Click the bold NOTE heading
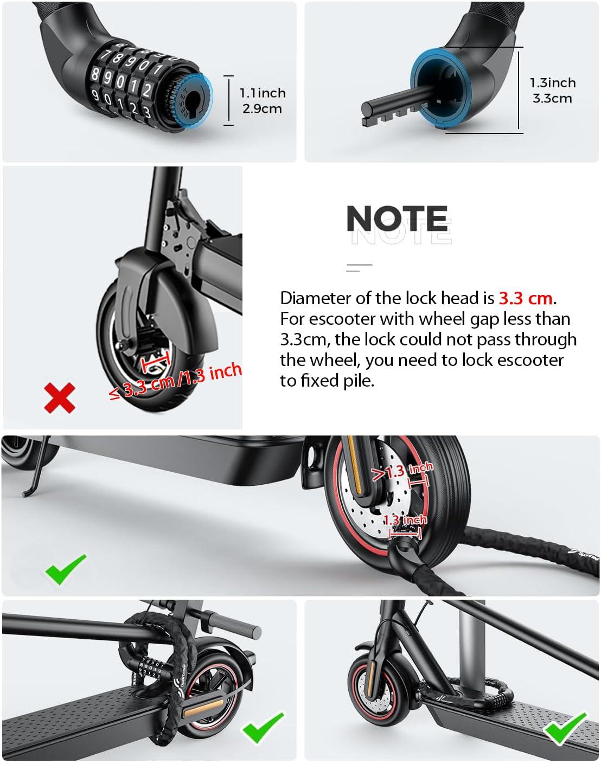pyautogui.click(x=397, y=219)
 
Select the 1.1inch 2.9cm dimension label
pyautogui.click(x=263, y=101)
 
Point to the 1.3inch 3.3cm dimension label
pyautogui.click(x=552, y=91)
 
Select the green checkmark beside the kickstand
pyautogui.click(x=66, y=569)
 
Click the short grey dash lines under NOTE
pyautogui.click(x=359, y=266)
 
